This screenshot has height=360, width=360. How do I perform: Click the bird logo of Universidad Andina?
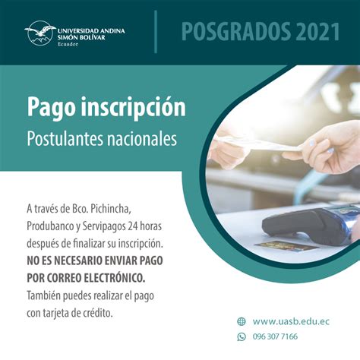pyautogui.click(x=40, y=33)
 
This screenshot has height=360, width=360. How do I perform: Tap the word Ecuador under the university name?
pyautogui.click(x=68, y=44)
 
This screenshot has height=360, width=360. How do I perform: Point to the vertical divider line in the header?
pyautogui.click(x=156, y=32)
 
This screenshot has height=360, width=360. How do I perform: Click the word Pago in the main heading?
pyautogui.click(x=51, y=108)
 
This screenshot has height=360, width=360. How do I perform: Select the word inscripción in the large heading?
pyautogui.click(x=133, y=108)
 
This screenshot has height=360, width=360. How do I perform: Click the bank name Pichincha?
pyautogui.click(x=111, y=209)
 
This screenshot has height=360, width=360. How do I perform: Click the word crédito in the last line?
pyautogui.click(x=98, y=313)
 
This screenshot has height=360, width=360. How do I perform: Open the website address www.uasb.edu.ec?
pyautogui.click(x=291, y=321)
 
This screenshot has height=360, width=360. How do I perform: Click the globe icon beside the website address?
pyautogui.click(x=242, y=321)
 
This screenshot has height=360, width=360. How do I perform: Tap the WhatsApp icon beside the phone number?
pyautogui.click(x=242, y=336)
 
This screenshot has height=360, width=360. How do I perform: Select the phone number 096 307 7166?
pyautogui.click(x=275, y=336)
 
